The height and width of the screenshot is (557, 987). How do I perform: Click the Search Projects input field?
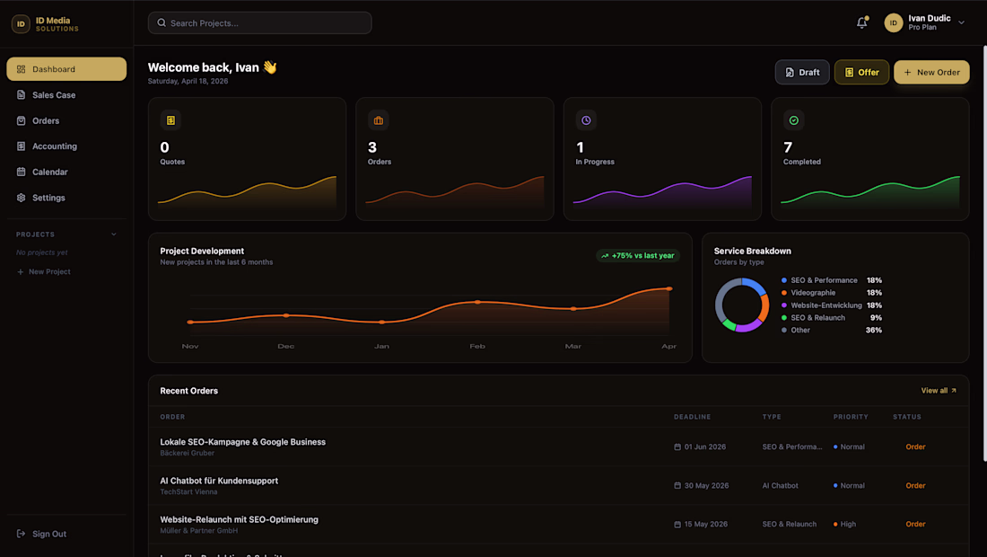260,23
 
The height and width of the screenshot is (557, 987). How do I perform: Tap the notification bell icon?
861,23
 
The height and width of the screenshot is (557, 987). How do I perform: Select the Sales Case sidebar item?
54,95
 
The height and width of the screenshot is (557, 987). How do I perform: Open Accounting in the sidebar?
55,146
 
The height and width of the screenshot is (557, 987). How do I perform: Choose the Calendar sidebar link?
50,172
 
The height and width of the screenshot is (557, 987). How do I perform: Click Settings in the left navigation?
48,198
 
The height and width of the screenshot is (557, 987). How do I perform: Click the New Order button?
931,73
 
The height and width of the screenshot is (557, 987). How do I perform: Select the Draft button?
802,73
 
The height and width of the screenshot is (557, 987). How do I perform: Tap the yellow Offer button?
861,73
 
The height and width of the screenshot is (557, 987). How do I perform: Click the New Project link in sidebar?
48,271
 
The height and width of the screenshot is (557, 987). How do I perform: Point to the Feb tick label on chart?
477,347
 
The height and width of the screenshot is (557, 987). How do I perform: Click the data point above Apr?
669,288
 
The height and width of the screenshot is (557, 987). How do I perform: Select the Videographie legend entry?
813,293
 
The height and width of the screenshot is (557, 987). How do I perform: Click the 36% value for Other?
873,331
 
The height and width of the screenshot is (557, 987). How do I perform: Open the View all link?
939,391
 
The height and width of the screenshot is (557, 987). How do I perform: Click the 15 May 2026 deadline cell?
704,525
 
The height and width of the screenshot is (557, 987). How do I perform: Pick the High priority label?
847,525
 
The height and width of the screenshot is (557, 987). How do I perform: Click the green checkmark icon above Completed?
793,120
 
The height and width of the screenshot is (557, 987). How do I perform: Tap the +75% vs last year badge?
638,256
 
